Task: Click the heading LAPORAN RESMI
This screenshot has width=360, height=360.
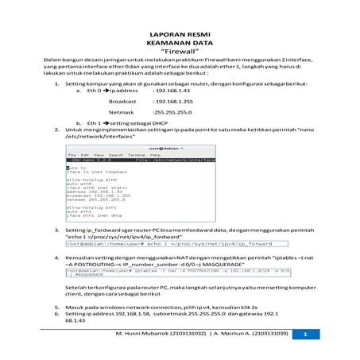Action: (x=179, y=36)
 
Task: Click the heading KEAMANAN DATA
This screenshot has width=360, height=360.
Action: (x=179, y=44)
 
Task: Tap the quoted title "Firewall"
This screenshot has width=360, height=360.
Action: (x=179, y=52)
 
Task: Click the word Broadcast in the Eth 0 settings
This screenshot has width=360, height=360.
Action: (x=122, y=103)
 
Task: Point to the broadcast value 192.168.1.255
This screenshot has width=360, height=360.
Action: (x=175, y=103)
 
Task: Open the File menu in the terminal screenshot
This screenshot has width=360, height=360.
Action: (x=72, y=154)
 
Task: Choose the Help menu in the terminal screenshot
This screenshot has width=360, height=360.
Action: (x=144, y=154)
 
